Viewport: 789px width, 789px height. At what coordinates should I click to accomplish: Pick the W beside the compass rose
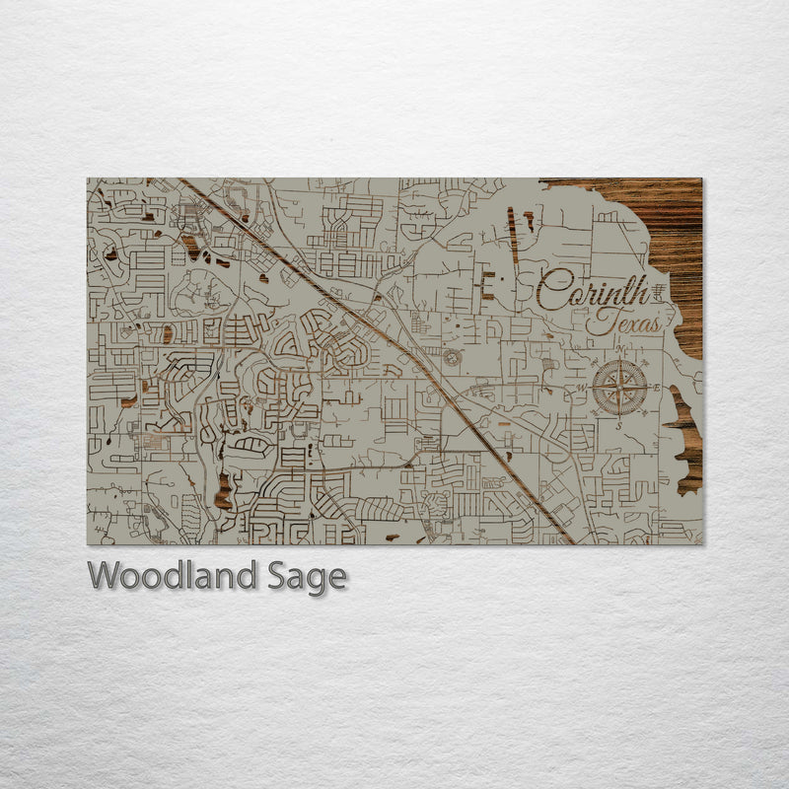pos(582,387)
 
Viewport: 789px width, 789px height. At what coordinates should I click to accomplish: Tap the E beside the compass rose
pos(656,386)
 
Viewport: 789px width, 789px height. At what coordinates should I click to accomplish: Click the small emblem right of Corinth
pos(659,288)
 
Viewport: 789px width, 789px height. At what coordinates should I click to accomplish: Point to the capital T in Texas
pos(597,321)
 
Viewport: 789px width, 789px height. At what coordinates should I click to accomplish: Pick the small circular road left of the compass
pos(452,357)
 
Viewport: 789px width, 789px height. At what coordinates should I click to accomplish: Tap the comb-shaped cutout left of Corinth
pos(485,287)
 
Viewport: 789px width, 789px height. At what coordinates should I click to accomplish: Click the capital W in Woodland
pos(103,576)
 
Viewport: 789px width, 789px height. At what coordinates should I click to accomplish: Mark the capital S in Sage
pos(274,576)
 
